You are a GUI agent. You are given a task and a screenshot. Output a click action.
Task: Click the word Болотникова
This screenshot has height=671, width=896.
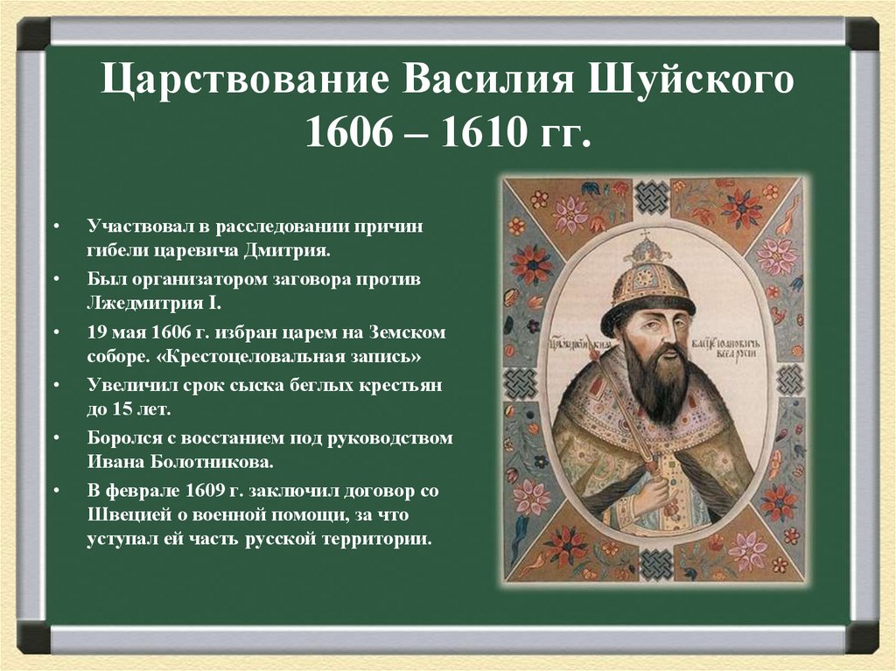click(x=191, y=461)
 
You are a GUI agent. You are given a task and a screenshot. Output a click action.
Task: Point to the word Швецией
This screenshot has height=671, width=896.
click(x=129, y=514)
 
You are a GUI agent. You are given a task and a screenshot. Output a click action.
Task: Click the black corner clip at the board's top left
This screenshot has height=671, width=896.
click(x=33, y=34)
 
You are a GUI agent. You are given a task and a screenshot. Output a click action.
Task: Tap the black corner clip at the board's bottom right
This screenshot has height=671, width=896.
click(x=863, y=639)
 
